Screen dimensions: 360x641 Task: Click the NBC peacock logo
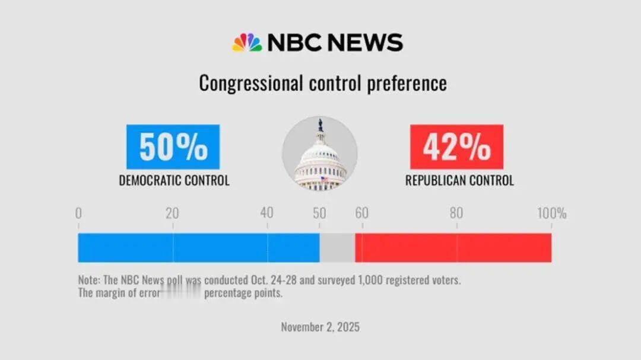coord(247,43)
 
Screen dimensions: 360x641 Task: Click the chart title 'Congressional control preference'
coord(322,83)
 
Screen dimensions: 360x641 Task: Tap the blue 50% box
coord(173,146)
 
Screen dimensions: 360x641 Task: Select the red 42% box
coord(456,146)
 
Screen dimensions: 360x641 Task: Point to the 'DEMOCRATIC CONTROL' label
coord(174,180)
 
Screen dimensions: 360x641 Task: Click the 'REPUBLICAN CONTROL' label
coord(459,180)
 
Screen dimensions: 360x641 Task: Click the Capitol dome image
coord(320,154)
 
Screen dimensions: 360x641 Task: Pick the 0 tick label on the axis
coord(78,214)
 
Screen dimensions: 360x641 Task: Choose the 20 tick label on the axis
coord(172,214)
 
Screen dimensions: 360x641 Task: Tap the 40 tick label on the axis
coord(267,214)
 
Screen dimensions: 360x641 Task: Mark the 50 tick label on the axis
coord(319,214)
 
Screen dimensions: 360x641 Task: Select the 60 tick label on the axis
coord(361,214)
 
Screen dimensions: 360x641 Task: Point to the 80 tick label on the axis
coord(456,214)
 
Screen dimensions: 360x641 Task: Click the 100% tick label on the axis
coord(551,214)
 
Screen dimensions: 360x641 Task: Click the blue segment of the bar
coord(199,247)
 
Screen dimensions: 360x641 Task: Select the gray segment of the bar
coord(337,247)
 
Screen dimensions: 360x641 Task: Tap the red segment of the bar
coord(453,247)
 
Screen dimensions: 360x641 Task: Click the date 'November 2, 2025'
coord(320,327)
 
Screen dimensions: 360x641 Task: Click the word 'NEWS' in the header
coord(365,43)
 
